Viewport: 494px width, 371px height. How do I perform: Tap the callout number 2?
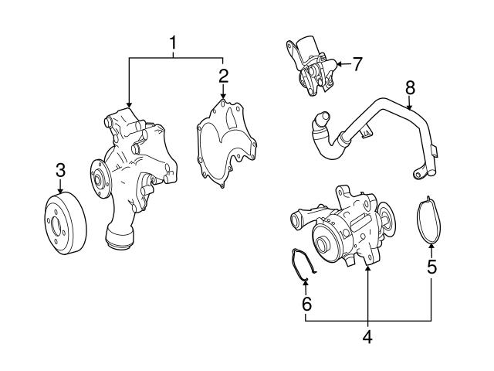pyautogui.click(x=223, y=76)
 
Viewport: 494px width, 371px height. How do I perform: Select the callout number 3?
pyautogui.click(x=60, y=171)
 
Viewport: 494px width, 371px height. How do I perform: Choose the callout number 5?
pyautogui.click(x=431, y=267)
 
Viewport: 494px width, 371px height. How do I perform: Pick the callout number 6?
pyautogui.click(x=306, y=304)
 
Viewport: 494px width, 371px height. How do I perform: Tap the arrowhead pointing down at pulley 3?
pyautogui.click(x=60, y=190)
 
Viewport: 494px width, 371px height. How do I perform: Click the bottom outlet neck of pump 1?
pyautogui.click(x=117, y=237)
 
